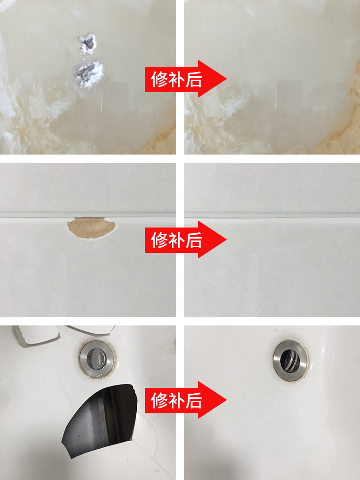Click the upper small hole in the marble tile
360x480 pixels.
click(x=87, y=44)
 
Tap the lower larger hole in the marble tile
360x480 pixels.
click(x=89, y=73)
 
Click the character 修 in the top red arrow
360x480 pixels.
click(x=159, y=79)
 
